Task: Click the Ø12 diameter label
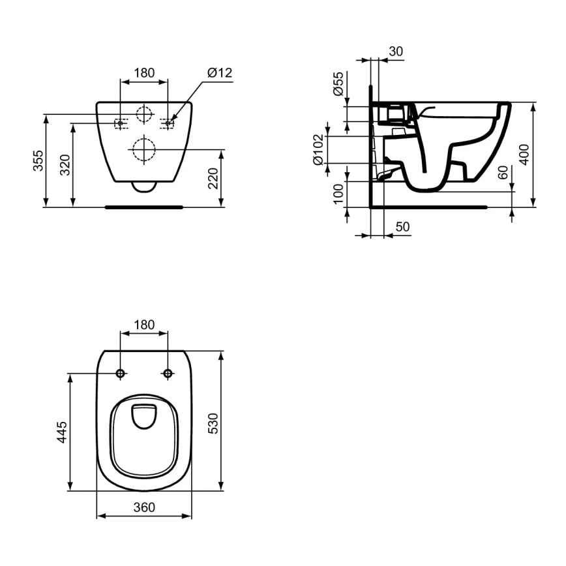point(220,73)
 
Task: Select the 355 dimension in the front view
point(38,160)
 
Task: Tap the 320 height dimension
point(65,166)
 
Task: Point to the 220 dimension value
point(213,178)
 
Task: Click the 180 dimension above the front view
point(144,73)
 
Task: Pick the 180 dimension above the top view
point(144,325)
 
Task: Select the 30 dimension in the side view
point(395,52)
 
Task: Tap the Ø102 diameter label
point(318,149)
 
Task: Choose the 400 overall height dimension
point(524,154)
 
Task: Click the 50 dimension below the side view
point(402,226)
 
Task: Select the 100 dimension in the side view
point(338,194)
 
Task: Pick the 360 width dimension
point(144,507)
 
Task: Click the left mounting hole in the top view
point(121,373)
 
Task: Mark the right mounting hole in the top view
point(168,373)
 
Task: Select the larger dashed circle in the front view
point(143,150)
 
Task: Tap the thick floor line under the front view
point(144,207)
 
